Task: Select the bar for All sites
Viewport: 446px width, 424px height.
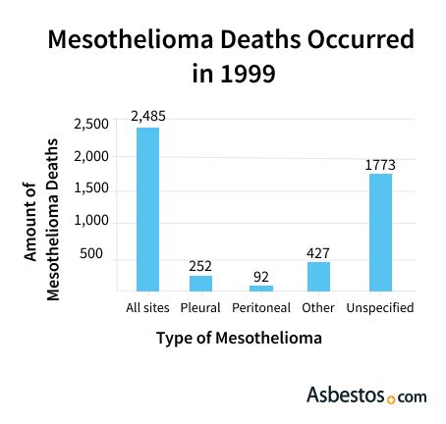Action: (x=147, y=209)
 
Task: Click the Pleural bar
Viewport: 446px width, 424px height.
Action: (x=200, y=284)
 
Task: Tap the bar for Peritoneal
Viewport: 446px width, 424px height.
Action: (x=261, y=289)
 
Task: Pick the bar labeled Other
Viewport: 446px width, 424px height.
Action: (x=318, y=277)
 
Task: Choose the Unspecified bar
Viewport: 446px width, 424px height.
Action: (x=380, y=233)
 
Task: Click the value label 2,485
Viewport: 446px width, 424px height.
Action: (x=148, y=116)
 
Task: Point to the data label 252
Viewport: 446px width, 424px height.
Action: (x=200, y=266)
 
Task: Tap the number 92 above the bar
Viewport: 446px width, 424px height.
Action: (x=261, y=277)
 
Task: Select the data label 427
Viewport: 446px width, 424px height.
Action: (x=318, y=253)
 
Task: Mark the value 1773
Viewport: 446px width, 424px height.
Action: (x=380, y=165)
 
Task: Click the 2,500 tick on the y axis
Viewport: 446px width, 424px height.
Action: (x=91, y=125)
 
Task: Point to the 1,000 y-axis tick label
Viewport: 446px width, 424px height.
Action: (x=91, y=221)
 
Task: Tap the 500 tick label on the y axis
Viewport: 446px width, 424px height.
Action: (x=91, y=253)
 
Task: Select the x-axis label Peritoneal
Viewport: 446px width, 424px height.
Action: (x=261, y=308)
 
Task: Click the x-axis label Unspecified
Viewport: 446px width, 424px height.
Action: (x=380, y=308)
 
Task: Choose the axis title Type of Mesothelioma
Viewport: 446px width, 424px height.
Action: (x=239, y=338)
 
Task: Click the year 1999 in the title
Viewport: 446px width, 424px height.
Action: (x=248, y=74)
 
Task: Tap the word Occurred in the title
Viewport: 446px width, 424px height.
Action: (x=361, y=39)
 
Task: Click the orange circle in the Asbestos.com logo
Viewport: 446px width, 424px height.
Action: (x=391, y=399)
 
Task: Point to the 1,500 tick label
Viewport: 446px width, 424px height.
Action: (x=91, y=188)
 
